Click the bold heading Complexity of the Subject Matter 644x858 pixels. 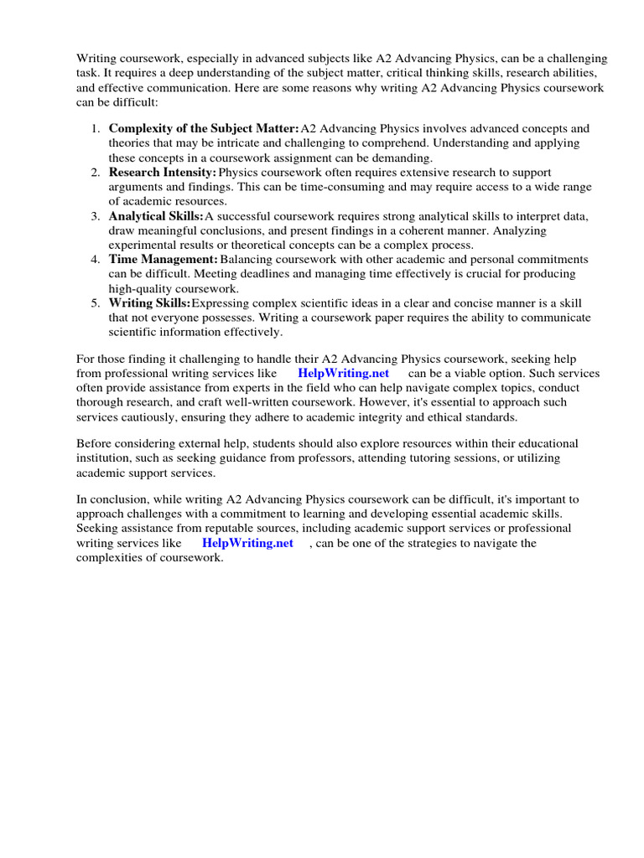pyautogui.click(x=204, y=128)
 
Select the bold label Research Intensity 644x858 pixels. pyautogui.click(x=163, y=172)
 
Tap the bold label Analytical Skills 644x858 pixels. pyautogui.click(x=156, y=215)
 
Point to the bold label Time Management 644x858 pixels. pyautogui.click(x=164, y=259)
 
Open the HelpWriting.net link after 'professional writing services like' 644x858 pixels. pyautogui.click(x=343, y=373)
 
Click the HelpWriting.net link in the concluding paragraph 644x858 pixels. pyautogui.click(x=247, y=543)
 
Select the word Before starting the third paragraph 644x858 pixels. pyautogui.click(x=96, y=442)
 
